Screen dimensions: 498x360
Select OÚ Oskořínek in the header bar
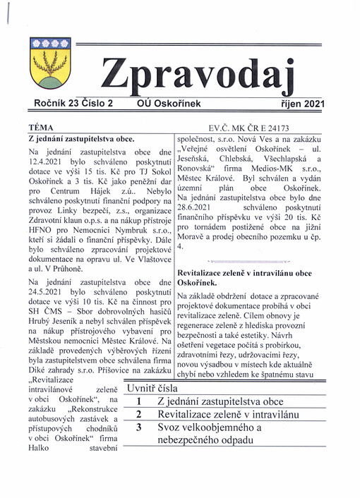pyautogui.click(x=169, y=104)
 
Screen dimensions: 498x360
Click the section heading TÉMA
pyautogui.click(x=40, y=128)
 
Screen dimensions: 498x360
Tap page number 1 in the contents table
pyautogui.click(x=139, y=401)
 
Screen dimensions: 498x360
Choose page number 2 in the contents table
pyautogui.click(x=139, y=415)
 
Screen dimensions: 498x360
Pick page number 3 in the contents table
pyautogui.click(x=139, y=427)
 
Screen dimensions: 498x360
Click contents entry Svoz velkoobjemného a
pyautogui.click(x=209, y=427)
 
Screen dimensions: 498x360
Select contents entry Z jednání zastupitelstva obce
pyautogui.click(x=220, y=401)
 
